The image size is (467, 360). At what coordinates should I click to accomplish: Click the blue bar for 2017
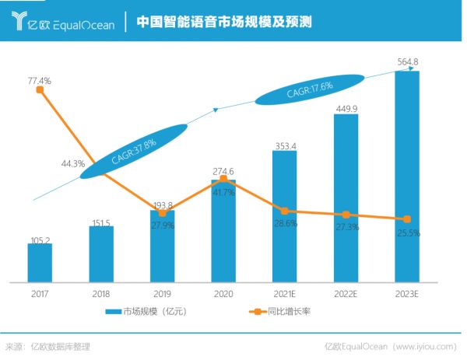click(40, 263)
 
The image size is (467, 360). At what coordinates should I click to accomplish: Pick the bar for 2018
click(101, 254)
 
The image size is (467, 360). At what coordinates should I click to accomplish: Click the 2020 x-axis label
click(223, 294)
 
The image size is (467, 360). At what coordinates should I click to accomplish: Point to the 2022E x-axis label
click(345, 294)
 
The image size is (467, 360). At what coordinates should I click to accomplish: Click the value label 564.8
click(408, 62)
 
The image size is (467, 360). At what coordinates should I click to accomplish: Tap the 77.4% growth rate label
click(39, 80)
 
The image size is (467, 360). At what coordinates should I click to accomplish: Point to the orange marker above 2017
click(40, 90)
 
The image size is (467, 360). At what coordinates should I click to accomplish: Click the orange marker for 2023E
click(406, 219)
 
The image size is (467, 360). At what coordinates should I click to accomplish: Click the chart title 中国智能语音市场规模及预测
click(224, 23)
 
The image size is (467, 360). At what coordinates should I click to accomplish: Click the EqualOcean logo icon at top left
click(18, 23)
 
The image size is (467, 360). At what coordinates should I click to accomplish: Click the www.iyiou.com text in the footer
click(428, 347)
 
